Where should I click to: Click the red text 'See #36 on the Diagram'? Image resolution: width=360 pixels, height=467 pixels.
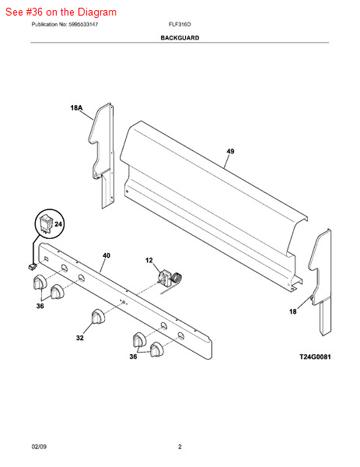point(61,12)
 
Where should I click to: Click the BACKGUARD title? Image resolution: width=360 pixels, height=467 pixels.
point(180,38)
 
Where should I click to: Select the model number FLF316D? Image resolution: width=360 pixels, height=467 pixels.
point(180,24)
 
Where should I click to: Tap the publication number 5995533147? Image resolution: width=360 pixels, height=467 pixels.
point(83,24)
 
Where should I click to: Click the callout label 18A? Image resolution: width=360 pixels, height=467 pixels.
point(76,107)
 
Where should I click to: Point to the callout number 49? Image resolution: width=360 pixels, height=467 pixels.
point(230,151)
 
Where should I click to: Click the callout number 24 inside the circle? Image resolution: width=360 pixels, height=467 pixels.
point(58,223)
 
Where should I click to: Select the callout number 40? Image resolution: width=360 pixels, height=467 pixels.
point(107,255)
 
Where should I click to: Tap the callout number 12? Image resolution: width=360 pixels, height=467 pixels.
point(149,260)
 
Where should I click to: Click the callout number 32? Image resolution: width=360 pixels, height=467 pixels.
point(80,338)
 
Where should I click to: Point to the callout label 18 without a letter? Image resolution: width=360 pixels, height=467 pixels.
point(293,311)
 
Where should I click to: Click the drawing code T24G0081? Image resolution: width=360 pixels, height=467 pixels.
point(315,356)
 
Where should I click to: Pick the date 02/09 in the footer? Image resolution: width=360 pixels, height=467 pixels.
point(39,447)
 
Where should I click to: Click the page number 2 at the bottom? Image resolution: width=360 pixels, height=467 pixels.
point(180,447)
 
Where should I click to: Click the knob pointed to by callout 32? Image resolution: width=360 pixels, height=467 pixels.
point(98,316)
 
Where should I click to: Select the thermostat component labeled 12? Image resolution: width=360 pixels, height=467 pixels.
point(170,279)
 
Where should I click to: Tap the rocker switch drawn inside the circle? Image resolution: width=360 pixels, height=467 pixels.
point(46,223)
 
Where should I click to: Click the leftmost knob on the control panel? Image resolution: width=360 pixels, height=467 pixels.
point(40,282)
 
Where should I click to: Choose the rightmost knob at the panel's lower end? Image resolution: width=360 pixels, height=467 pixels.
point(156,349)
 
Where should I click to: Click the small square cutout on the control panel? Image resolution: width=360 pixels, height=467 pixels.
point(47,258)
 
